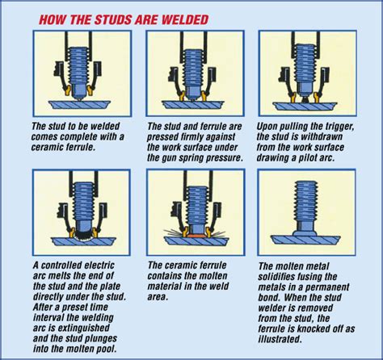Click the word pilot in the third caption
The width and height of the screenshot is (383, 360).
click(x=308, y=157)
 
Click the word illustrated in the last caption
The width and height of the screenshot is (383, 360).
click(x=279, y=339)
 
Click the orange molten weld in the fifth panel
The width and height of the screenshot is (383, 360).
click(x=196, y=236)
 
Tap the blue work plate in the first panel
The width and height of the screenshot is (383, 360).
click(x=79, y=105)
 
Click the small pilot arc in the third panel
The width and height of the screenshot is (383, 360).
click(x=305, y=99)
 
